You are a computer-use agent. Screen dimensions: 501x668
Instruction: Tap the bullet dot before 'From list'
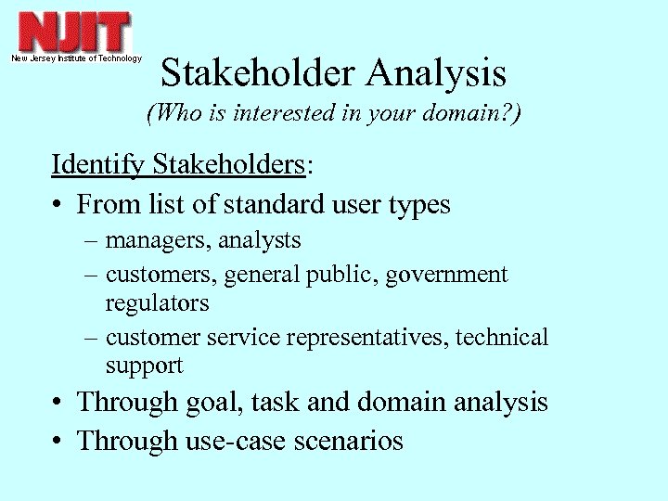click(x=58, y=204)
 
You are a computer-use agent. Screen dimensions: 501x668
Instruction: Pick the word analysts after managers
click(x=263, y=241)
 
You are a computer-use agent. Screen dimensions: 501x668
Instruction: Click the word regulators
click(x=157, y=303)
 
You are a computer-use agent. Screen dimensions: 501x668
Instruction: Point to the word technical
click(x=502, y=338)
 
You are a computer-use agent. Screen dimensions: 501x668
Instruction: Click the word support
click(x=145, y=366)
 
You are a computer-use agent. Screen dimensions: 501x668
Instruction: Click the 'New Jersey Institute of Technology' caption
click(x=76, y=58)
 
